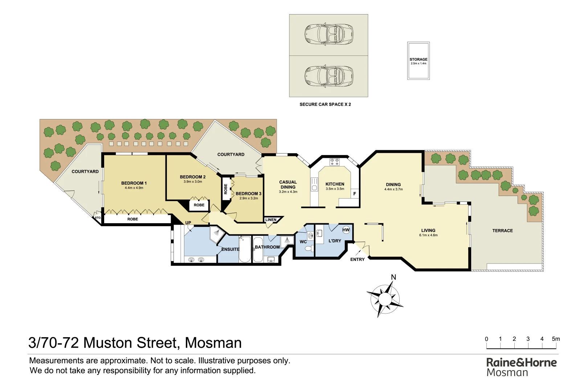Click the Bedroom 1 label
[134, 183]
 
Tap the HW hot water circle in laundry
[346, 230]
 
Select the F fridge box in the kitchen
[355, 194]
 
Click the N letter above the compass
[393, 278]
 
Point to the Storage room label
[418, 60]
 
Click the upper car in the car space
[329, 34]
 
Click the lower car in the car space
[329, 76]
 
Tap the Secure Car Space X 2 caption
[325, 105]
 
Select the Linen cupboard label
[271, 220]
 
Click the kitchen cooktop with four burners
[334, 162]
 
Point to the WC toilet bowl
[309, 249]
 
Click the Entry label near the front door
[357, 260]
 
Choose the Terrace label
[502, 231]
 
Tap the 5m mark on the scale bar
[556, 339]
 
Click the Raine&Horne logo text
[521, 363]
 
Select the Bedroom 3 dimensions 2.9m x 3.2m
[249, 199]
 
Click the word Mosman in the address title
[213, 343]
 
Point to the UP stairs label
[188, 223]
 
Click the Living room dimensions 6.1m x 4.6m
[428, 235]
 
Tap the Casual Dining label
[288, 184]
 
